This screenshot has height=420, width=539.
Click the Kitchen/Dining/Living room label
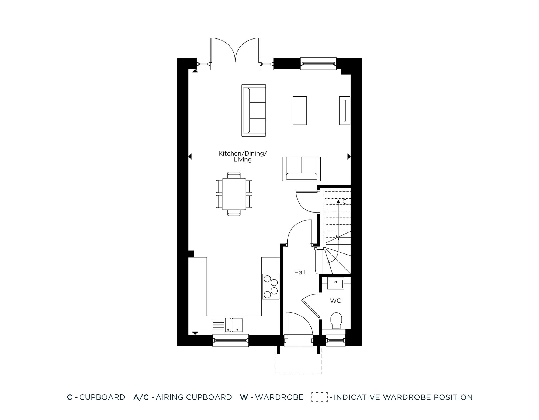[243, 156]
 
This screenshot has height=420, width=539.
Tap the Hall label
[300, 272]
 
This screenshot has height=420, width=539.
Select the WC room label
[336, 301]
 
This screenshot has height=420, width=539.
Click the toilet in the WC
[336, 320]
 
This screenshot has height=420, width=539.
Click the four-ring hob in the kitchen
[271, 287]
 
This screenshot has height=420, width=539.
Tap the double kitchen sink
[234, 325]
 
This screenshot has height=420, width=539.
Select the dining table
[234, 194]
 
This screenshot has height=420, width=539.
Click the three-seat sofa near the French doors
[254, 110]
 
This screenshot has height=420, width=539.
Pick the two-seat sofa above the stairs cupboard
[302, 169]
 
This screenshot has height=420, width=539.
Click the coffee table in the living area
[300, 110]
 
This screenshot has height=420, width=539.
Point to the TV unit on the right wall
[345, 110]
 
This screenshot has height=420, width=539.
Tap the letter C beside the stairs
[344, 202]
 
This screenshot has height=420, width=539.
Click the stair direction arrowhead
[338, 201]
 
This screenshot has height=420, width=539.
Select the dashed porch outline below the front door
[298, 373]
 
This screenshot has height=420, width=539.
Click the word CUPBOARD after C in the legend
[102, 397]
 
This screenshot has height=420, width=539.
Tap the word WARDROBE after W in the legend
[279, 397]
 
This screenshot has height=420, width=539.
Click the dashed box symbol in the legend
[319, 397]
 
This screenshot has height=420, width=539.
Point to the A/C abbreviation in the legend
[141, 397]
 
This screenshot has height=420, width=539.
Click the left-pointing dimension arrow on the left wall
[190, 156]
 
